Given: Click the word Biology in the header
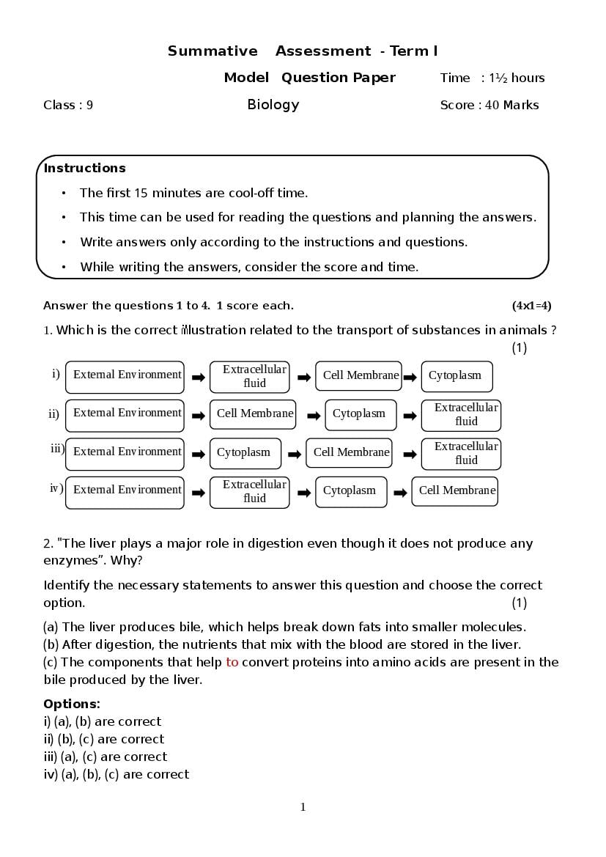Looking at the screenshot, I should pyautogui.click(x=273, y=104).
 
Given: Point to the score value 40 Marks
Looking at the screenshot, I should pyautogui.click(x=511, y=105).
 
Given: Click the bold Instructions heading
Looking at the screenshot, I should pyautogui.click(x=84, y=168).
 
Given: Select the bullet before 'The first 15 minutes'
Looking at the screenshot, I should pyautogui.click(x=64, y=194).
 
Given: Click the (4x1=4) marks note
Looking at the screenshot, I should pyautogui.click(x=531, y=306).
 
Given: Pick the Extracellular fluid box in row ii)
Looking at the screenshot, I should pyautogui.click(x=461, y=415).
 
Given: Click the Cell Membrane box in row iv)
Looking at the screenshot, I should pyautogui.click(x=455, y=491).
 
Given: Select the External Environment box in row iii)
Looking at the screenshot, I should pyautogui.click(x=125, y=453).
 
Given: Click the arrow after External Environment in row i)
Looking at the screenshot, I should pyautogui.click(x=198, y=378).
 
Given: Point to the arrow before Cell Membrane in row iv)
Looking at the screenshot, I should pyautogui.click(x=400, y=493).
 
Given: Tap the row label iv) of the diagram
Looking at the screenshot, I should pyautogui.click(x=56, y=488).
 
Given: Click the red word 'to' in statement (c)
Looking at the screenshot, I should pyautogui.click(x=232, y=662).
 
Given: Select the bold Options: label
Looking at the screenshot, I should pyautogui.click(x=72, y=704).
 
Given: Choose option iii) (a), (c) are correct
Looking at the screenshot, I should pyautogui.click(x=106, y=757).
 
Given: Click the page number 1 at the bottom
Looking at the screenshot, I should pyautogui.click(x=303, y=807).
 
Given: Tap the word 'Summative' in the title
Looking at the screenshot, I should pyautogui.click(x=213, y=51).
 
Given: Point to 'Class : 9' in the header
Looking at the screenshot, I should pyautogui.click(x=68, y=105).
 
